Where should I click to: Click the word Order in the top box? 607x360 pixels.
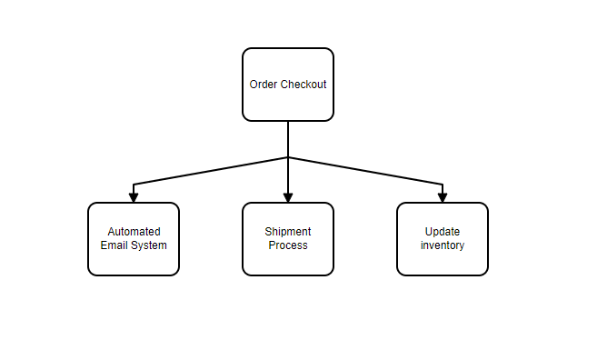click(x=264, y=85)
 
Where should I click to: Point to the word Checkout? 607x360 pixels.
click(x=303, y=85)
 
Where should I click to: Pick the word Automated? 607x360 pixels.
click(x=134, y=232)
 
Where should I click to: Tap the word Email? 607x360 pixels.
click(x=114, y=245)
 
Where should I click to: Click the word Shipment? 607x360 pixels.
click(x=288, y=232)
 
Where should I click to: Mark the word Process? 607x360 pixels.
click(x=288, y=245)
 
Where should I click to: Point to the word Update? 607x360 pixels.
click(x=443, y=232)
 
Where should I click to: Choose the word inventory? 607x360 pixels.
click(x=443, y=245)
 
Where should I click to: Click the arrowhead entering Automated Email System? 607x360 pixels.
click(x=134, y=196)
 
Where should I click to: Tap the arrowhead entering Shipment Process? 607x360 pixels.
click(x=288, y=196)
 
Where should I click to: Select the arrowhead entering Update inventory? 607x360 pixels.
click(x=443, y=196)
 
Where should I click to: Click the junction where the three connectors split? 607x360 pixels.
click(x=288, y=157)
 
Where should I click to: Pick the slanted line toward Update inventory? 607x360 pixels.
click(x=365, y=171)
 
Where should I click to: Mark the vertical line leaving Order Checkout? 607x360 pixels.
click(x=288, y=138)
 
